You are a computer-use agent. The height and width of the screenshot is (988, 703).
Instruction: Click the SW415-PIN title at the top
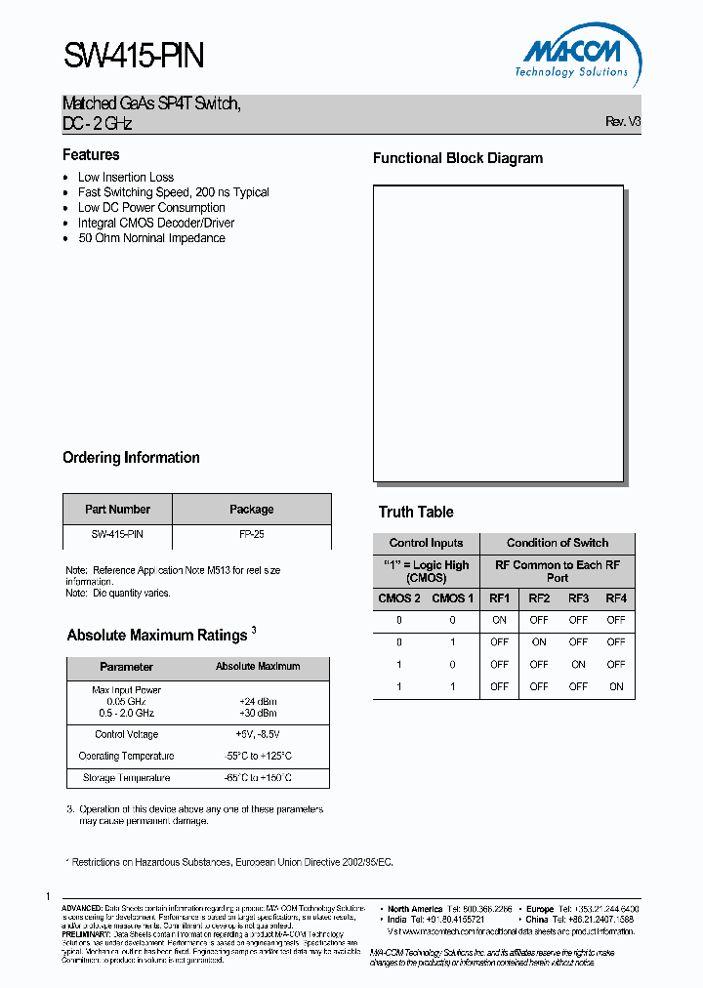click(134, 56)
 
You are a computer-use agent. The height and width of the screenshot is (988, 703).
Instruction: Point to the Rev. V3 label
click(623, 122)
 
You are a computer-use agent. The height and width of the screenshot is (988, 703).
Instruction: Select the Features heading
click(91, 155)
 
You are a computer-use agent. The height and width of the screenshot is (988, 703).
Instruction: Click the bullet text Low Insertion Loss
click(126, 178)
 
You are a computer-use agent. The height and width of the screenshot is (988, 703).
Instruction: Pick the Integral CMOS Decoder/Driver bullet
click(156, 223)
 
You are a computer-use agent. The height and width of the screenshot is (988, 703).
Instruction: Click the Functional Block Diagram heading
click(458, 158)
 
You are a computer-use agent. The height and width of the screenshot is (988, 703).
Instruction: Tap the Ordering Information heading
click(131, 458)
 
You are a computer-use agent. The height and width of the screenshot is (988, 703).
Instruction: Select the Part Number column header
click(117, 510)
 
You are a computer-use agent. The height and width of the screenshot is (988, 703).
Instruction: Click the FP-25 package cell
click(251, 535)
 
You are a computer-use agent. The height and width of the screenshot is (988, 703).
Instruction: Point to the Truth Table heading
click(416, 513)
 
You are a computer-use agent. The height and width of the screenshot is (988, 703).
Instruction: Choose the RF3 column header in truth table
click(578, 598)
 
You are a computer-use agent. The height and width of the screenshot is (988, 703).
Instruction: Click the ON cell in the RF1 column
click(499, 620)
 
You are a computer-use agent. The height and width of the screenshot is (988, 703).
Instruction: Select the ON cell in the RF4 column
click(616, 686)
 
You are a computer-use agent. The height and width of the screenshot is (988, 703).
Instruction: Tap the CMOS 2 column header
click(399, 598)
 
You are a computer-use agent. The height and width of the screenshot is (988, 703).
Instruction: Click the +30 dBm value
click(257, 713)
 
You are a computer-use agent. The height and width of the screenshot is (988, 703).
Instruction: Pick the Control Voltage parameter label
click(126, 734)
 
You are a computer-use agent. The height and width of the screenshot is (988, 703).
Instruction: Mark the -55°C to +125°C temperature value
click(257, 757)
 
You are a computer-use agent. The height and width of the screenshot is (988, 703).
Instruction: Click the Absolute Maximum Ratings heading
click(156, 636)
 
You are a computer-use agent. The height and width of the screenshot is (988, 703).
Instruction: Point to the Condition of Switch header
click(557, 543)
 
